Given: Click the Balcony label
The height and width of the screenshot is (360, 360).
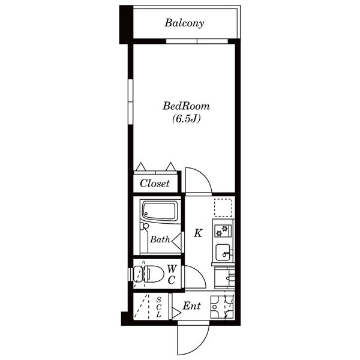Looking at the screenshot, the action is [184, 23].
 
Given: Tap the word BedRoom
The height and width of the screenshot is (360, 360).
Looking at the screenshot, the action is [186, 106].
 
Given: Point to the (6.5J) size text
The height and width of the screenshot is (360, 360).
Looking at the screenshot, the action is [187, 118].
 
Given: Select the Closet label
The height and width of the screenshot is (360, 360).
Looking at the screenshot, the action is [155, 183].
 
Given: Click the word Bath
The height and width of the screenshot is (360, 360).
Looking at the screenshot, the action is [160, 239].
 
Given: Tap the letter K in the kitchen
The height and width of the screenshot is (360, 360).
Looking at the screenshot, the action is [198, 233].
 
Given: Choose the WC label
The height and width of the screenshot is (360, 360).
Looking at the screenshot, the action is [172, 274].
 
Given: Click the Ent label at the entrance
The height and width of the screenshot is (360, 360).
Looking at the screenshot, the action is [192, 306].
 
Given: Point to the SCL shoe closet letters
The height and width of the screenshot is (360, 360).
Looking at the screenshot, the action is [158, 307].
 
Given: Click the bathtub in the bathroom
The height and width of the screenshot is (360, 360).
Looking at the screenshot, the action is [160, 211].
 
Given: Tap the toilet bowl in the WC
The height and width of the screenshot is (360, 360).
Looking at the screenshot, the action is [152, 274].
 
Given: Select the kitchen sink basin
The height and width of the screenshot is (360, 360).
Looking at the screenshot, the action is [223, 253].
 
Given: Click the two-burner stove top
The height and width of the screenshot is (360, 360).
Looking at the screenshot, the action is [223, 230].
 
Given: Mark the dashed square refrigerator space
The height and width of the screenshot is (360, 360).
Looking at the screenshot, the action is [223, 208].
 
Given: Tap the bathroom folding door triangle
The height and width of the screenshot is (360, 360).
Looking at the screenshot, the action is [176, 242].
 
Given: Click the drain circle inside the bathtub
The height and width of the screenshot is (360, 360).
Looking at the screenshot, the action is [146, 214].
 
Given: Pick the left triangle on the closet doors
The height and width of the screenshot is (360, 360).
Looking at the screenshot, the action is [141, 166].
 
